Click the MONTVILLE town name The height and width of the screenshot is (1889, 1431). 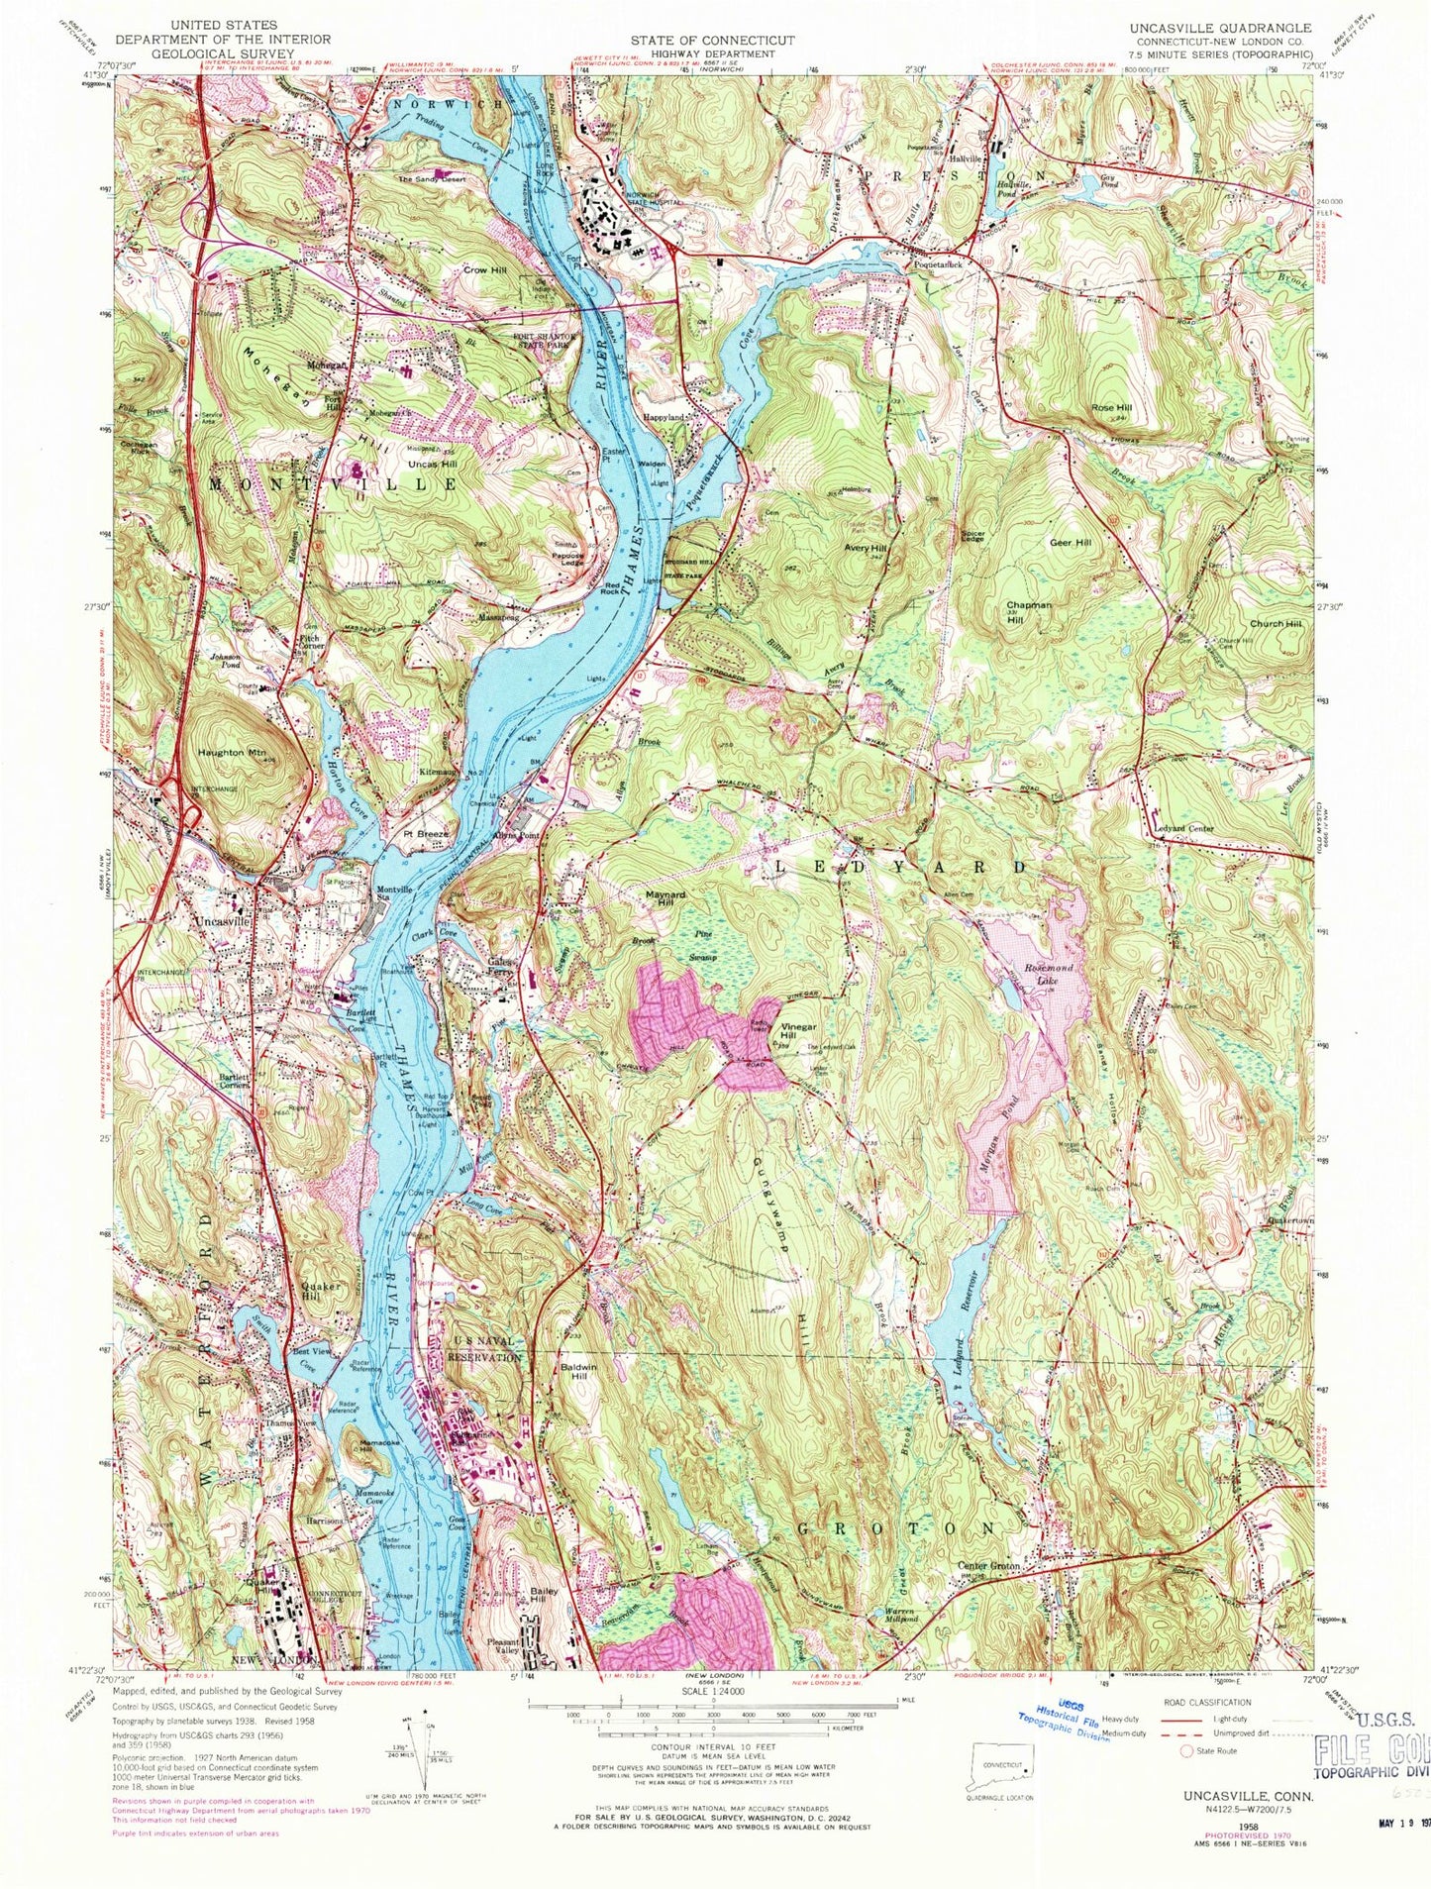pyautogui.click(x=333, y=484)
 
